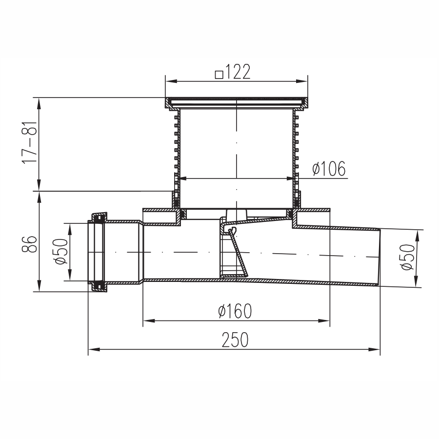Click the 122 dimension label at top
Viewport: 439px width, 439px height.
click(x=238, y=72)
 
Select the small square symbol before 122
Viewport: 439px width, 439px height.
click(x=219, y=75)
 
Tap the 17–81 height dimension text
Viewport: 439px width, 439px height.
click(x=29, y=142)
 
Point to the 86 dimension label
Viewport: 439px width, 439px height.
click(x=29, y=244)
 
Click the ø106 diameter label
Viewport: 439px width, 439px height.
click(x=329, y=169)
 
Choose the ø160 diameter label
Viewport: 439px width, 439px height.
click(x=235, y=311)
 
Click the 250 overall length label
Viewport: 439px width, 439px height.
click(x=235, y=339)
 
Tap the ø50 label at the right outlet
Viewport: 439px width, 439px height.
click(x=408, y=257)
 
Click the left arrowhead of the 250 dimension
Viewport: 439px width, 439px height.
click(x=94, y=349)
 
